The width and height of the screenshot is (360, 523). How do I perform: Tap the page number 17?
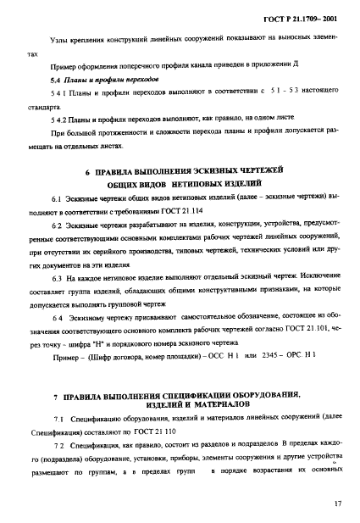point(337,504)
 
